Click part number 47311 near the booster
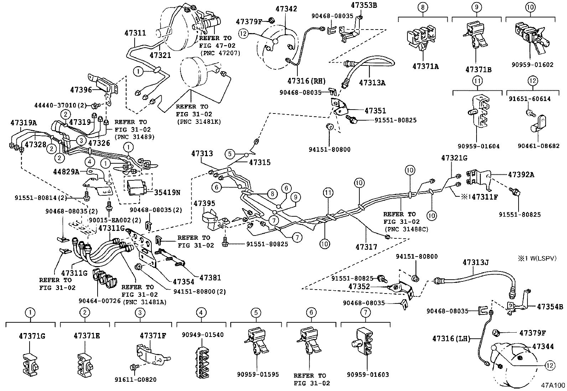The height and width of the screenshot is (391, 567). (x=135, y=33)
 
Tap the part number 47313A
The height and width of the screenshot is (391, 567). (x=372, y=83)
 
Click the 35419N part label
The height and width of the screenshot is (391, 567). (x=167, y=192)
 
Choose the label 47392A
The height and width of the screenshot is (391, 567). (x=521, y=175)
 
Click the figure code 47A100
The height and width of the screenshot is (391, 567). (x=553, y=385)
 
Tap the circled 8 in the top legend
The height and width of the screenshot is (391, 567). (x=423, y=7)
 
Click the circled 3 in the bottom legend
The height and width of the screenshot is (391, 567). (x=140, y=313)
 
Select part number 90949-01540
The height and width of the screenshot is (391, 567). (x=203, y=335)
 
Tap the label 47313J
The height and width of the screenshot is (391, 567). (x=476, y=262)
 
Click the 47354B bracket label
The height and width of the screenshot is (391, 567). (x=550, y=307)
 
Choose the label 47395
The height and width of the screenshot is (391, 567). (x=204, y=203)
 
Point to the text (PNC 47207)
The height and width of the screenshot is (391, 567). (x=220, y=53)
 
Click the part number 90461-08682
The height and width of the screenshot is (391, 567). (x=534, y=146)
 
